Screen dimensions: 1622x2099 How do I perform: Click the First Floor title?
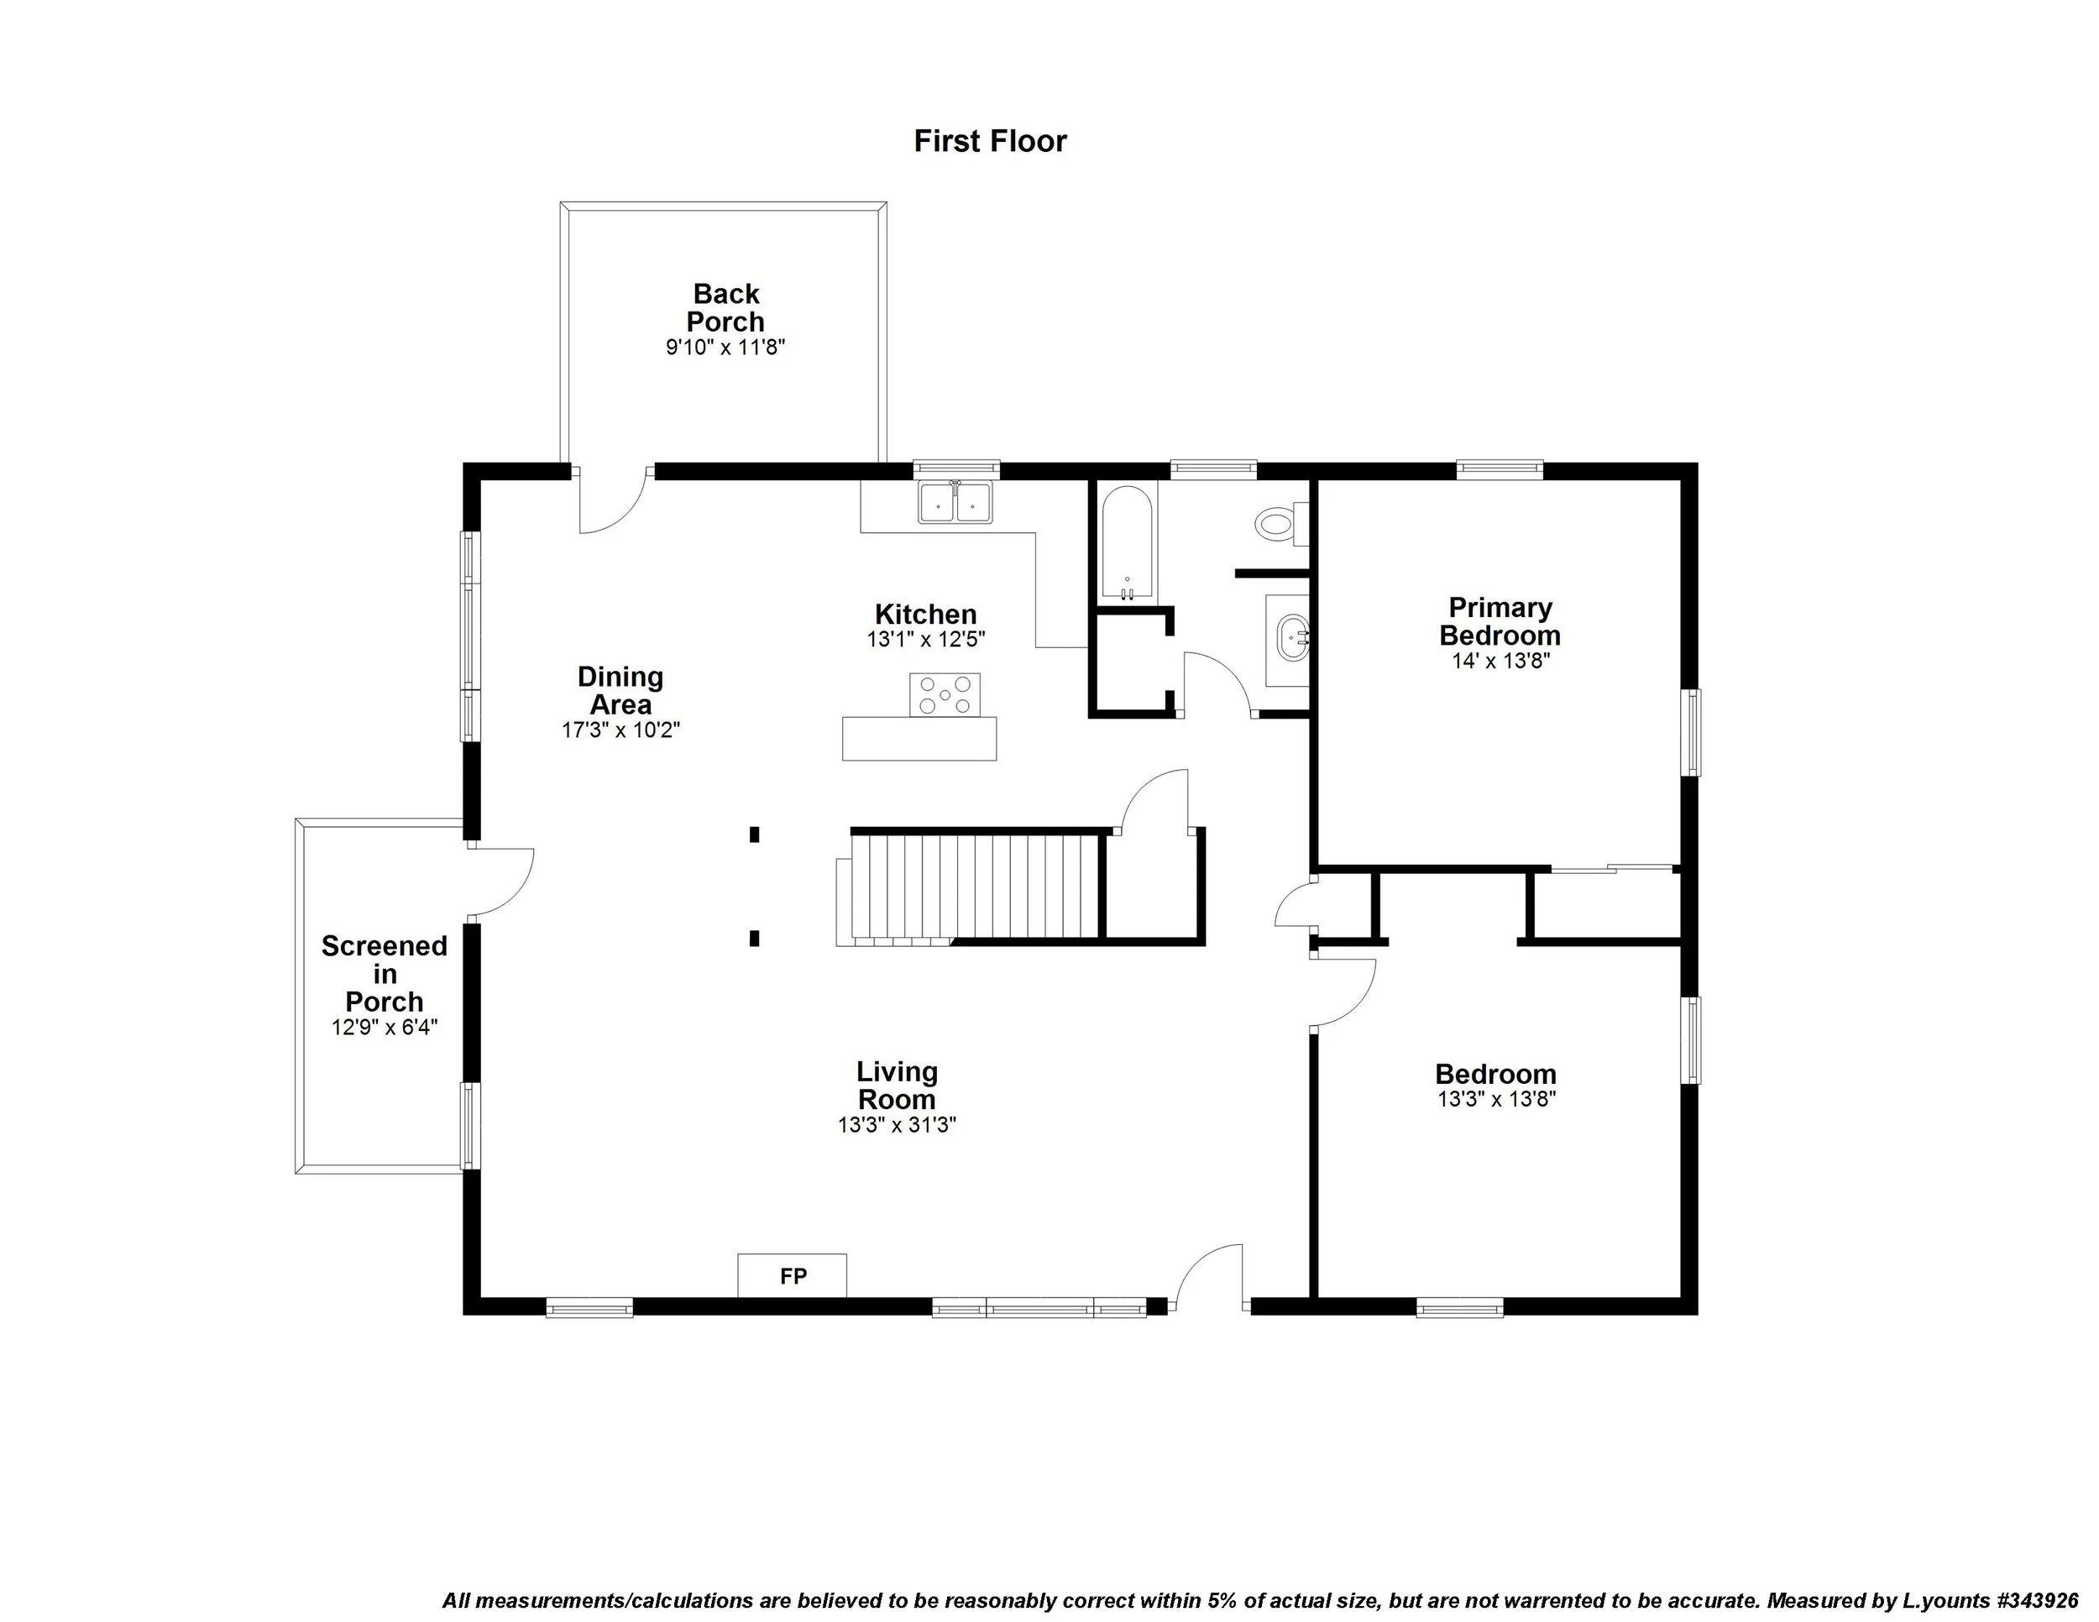pos(989,141)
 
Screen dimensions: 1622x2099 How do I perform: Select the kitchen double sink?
pos(955,501)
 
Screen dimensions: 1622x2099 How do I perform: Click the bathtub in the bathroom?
pos(1127,544)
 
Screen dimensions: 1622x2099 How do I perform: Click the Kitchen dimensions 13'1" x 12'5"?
pos(925,639)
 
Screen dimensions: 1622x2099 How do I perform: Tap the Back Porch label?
pos(725,307)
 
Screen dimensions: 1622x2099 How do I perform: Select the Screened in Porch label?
pos(384,973)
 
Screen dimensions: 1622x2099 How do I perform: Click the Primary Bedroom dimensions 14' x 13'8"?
pos(1500,661)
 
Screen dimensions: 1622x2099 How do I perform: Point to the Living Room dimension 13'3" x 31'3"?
pos(896,1125)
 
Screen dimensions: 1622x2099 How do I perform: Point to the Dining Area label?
pos(620,690)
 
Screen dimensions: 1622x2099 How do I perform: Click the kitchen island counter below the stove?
pos(918,739)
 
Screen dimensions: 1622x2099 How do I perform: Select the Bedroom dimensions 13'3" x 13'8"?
pos(1496,1099)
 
